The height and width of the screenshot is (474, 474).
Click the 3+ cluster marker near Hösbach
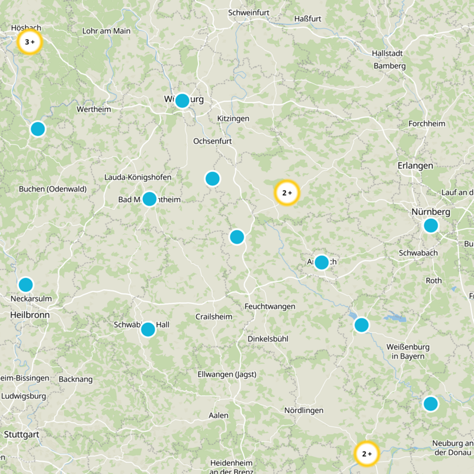[x=29, y=42]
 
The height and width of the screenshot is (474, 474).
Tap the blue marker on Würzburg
[x=182, y=100]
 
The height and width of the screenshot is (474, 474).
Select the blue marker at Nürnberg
[x=431, y=225]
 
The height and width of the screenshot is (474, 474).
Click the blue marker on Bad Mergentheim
[x=149, y=198]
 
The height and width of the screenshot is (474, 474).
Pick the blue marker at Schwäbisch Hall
[x=148, y=329]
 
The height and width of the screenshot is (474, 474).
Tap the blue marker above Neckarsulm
[x=25, y=284]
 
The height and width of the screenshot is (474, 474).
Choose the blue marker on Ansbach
[x=321, y=262]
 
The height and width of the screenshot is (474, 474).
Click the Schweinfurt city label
[x=249, y=12]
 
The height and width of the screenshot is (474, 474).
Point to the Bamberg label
[x=389, y=66]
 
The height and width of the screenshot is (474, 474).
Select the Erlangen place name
[x=415, y=165]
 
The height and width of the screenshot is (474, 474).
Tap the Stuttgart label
[x=21, y=434]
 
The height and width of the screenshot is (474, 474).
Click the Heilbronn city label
[x=30, y=315]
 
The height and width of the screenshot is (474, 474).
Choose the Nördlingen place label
[x=304, y=411]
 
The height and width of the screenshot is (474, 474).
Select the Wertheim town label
[x=94, y=110]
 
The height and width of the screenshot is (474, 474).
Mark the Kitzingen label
[x=233, y=118]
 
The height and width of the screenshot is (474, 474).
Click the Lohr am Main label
[x=107, y=31]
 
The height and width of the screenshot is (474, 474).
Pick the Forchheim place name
[x=427, y=124]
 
